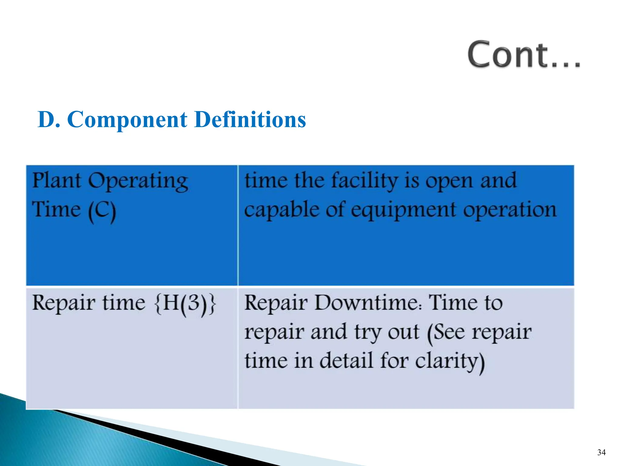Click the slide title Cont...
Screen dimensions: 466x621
(x=523, y=55)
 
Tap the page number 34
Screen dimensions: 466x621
(x=601, y=452)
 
